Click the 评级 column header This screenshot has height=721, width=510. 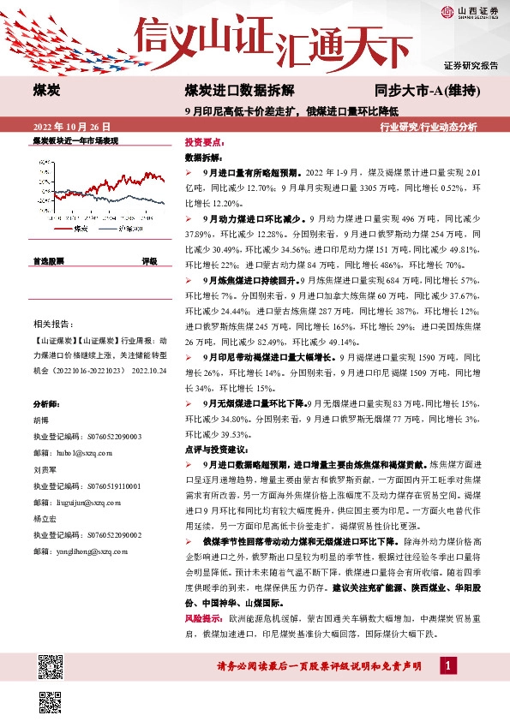pos(149,259)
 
